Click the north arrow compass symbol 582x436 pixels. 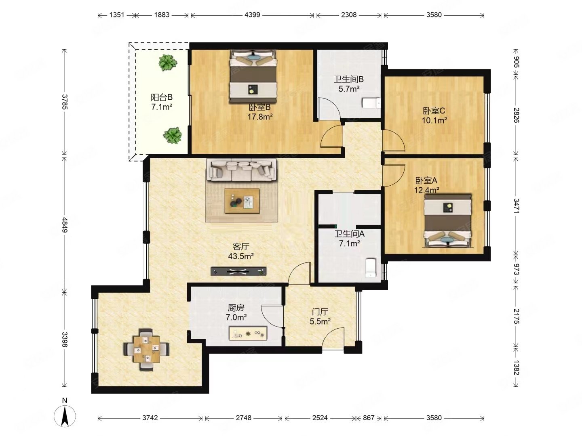65,415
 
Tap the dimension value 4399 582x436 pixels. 252,15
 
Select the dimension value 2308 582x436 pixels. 349,15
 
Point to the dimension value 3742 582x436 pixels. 150,418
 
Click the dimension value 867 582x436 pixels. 369,418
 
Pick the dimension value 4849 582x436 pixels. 64,225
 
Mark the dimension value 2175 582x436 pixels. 516,316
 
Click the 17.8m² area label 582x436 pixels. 260,117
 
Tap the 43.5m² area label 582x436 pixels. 241,256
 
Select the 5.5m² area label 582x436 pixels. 320,321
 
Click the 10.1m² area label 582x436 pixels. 434,120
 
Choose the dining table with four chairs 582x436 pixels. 146,349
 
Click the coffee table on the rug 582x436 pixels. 242,201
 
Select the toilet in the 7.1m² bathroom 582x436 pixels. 371,268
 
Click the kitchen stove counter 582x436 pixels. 248,333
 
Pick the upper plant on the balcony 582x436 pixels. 168,63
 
